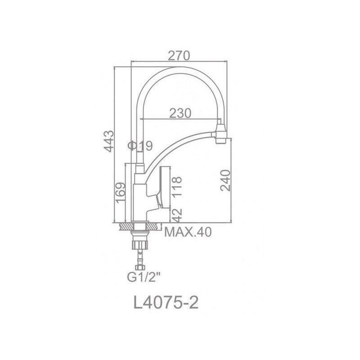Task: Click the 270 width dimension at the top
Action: coord(179,56)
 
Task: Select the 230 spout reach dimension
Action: coord(180,113)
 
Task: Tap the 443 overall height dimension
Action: coord(108,141)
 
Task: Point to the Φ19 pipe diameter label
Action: coord(140,145)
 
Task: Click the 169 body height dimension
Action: coord(121,193)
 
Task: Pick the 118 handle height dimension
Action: coord(177,187)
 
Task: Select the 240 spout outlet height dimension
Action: coord(225,180)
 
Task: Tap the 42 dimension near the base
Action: coord(177,215)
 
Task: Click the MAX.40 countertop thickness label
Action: coord(188,232)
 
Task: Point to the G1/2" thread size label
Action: coord(144,277)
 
